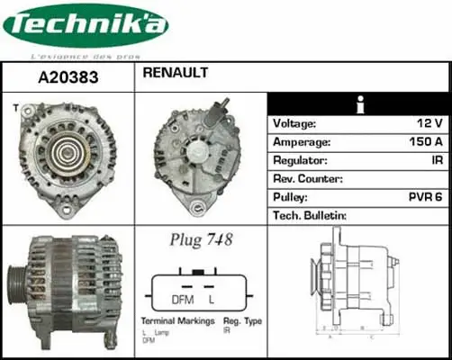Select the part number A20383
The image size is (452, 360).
[x=68, y=77]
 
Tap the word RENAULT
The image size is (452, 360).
[x=175, y=72]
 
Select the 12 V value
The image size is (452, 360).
[x=429, y=123]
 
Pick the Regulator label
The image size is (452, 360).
[x=300, y=160]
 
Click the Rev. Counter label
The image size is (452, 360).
[x=308, y=178]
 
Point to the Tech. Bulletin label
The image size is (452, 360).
[x=310, y=215]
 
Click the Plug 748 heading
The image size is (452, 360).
[x=201, y=239]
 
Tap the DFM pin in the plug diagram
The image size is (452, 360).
[x=184, y=298]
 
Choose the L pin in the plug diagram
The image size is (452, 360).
[x=211, y=298]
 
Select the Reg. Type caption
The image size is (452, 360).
[x=241, y=321]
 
